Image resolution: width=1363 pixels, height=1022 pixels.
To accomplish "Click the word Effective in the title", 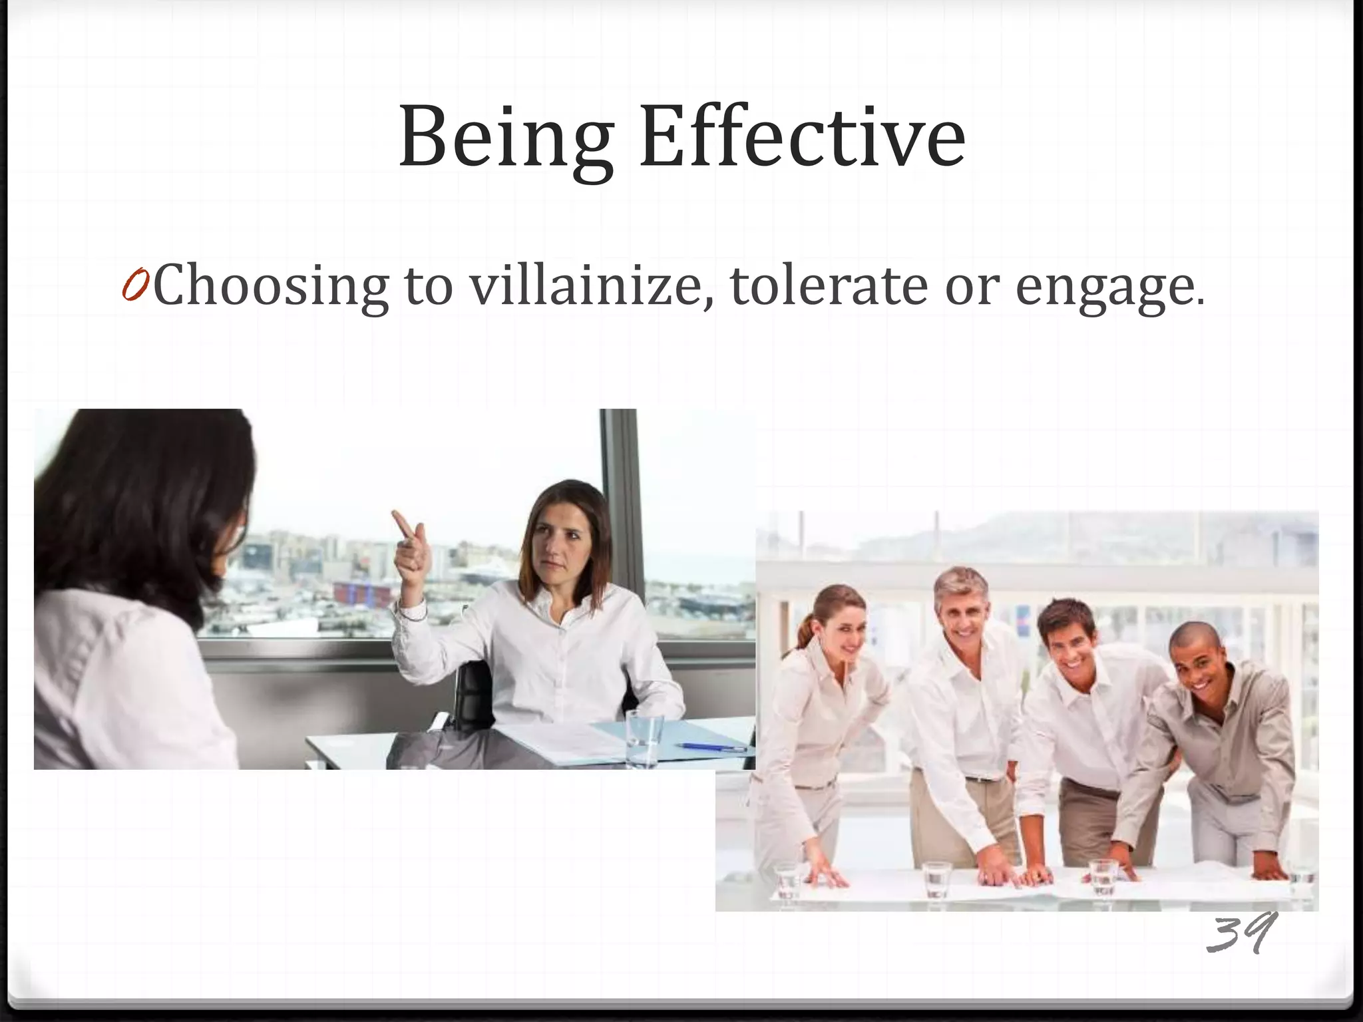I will click(x=802, y=138).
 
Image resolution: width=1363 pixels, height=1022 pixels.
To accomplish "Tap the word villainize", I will click(x=586, y=285).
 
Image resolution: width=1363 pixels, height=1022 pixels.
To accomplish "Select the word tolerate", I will click(x=829, y=285).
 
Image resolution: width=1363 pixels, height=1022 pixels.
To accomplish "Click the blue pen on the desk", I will click(x=709, y=747).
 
